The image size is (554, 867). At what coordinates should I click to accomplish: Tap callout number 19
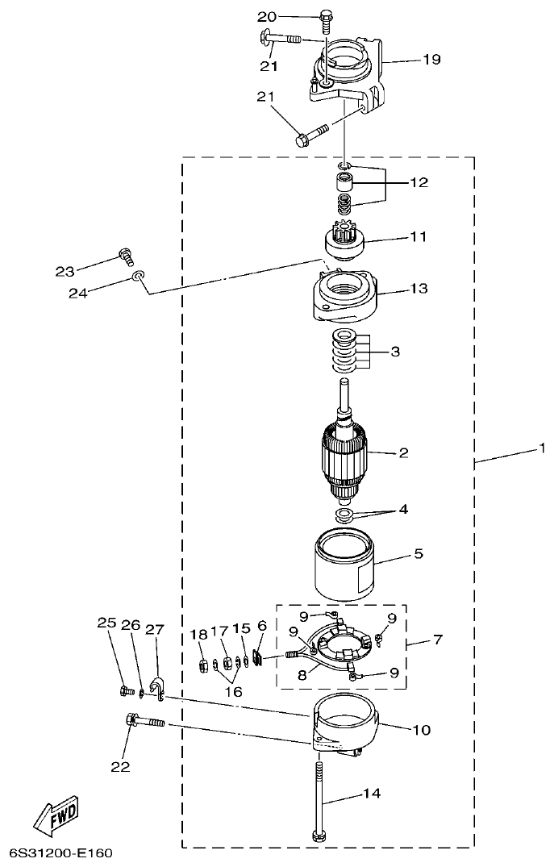pos(431,59)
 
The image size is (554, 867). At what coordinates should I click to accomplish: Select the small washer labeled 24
pos(140,277)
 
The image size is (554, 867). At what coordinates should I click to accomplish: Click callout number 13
pos(419,288)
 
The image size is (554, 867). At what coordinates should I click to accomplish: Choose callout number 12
pos(419,182)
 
